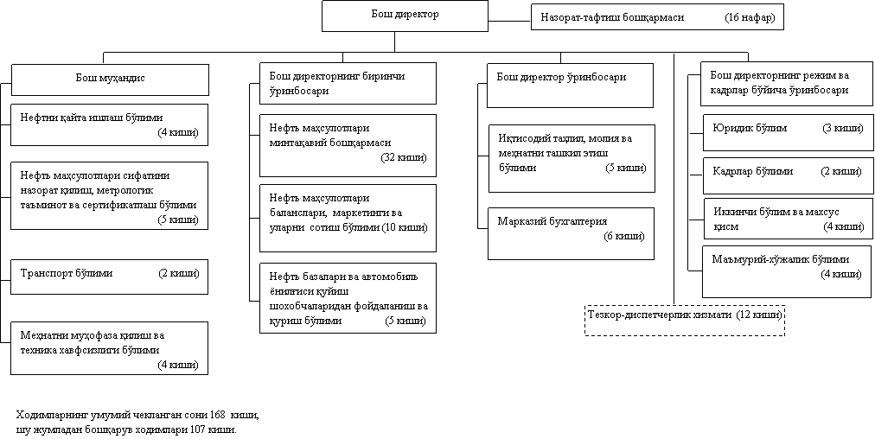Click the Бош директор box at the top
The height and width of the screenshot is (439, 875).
click(x=394, y=16)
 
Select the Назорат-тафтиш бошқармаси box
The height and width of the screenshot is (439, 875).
click(x=657, y=17)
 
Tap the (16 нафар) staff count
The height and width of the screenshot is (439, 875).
click(x=750, y=17)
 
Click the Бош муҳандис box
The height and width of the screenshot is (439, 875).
click(x=110, y=80)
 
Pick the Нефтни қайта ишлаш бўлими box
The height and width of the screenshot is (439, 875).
click(x=109, y=124)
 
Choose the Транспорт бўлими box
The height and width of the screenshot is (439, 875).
click(x=109, y=277)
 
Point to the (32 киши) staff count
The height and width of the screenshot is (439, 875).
click(x=404, y=157)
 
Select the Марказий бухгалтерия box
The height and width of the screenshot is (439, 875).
click(x=571, y=233)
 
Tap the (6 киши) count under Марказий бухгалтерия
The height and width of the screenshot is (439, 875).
click(x=623, y=237)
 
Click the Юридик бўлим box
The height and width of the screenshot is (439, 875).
click(x=788, y=132)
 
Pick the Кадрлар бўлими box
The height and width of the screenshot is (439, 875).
click(x=788, y=175)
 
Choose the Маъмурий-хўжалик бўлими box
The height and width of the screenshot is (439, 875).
click(x=788, y=271)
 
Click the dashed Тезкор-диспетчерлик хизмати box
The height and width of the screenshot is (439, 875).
click(x=685, y=321)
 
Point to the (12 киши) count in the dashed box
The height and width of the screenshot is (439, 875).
click(x=759, y=315)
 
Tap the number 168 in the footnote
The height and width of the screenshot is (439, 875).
click(x=218, y=416)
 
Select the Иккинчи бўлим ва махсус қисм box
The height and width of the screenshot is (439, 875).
click(x=789, y=219)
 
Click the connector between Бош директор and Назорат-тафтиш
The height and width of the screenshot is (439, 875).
click(x=500, y=22)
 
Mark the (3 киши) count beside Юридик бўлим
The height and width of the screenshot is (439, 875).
click(x=842, y=128)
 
